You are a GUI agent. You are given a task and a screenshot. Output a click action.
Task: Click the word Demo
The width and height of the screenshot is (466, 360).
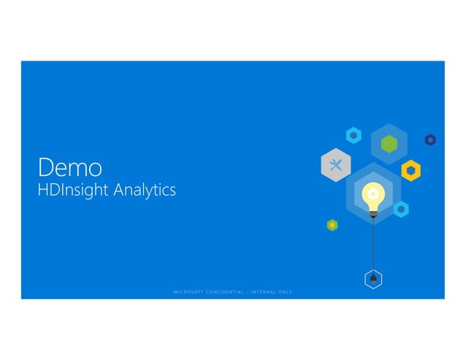[x=70, y=167]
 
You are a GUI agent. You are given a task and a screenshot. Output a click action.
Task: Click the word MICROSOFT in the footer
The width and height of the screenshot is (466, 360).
[x=188, y=292]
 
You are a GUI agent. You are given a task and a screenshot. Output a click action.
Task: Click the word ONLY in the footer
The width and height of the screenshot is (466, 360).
[x=286, y=292]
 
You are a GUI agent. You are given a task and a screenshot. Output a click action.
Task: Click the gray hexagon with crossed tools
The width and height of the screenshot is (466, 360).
[x=336, y=164]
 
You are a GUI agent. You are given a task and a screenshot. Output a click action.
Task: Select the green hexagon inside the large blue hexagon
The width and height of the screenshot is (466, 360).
[x=389, y=142]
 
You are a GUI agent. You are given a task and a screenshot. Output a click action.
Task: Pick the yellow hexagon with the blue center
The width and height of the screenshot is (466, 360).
[x=411, y=170]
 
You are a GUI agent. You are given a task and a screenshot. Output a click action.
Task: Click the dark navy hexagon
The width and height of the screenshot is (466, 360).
[x=430, y=139]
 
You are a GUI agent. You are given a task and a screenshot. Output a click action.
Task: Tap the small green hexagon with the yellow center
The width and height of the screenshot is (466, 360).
[x=332, y=225]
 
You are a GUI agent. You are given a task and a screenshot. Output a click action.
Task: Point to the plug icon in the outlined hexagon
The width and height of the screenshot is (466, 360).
[x=373, y=278]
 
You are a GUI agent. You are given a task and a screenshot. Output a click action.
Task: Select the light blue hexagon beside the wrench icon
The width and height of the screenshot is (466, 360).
[x=354, y=135]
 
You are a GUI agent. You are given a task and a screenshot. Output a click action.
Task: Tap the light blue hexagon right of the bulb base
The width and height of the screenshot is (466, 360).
[x=400, y=209]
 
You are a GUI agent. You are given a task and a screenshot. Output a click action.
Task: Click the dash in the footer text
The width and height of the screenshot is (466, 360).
[x=248, y=292]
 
